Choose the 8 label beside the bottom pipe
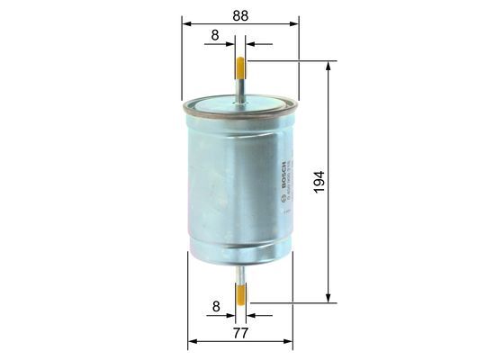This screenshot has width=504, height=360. pos(214,307)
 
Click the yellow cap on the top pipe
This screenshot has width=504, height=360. pos(240,67)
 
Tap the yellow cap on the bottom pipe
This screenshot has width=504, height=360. pos(240,292)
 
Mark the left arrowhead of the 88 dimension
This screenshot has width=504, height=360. pos(186,24)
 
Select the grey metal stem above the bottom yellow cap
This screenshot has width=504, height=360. pos(240,273)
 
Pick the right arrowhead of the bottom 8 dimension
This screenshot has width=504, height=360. pos(250,315)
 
